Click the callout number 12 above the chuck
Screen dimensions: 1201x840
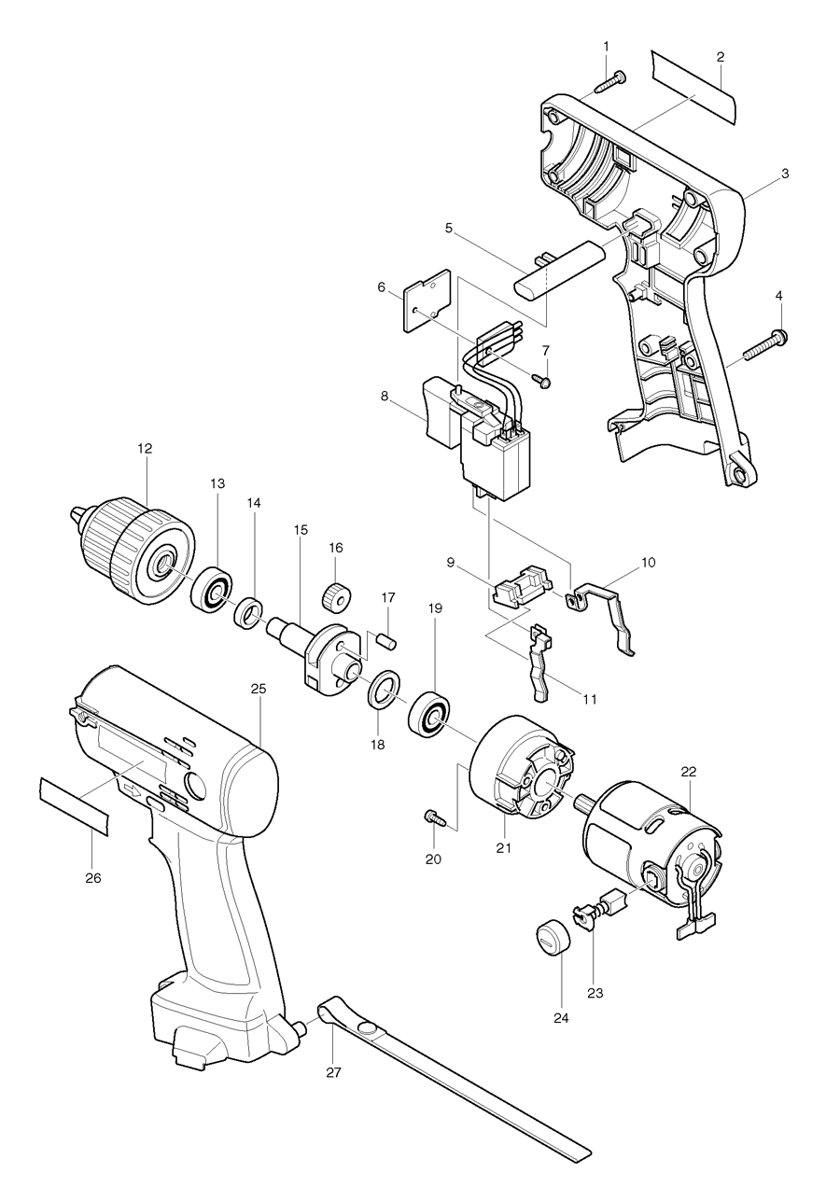coord(145,448)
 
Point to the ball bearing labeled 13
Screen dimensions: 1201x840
coord(214,589)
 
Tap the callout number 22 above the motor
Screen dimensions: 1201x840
coord(689,772)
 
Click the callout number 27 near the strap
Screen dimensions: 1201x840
coord(333,1072)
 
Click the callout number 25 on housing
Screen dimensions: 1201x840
coord(259,689)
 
